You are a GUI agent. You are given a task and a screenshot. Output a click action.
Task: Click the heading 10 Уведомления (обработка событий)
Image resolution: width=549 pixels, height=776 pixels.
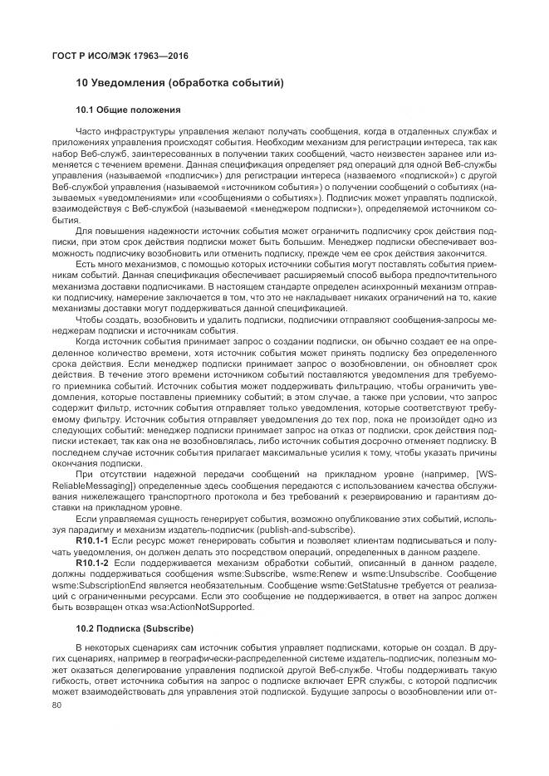pyautogui.click(x=180, y=83)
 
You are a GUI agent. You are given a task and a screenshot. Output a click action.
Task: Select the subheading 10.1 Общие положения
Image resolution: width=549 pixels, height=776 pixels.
pyautogui.click(x=128, y=110)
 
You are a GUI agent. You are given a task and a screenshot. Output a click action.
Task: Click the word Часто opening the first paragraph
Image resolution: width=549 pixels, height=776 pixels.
pyautogui.click(x=88, y=132)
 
